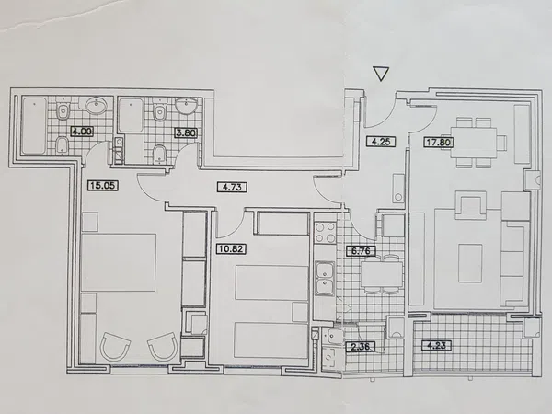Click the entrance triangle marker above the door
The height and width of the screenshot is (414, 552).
pyautogui.click(x=381, y=74)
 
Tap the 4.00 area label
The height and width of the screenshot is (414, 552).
pyautogui.click(x=82, y=132)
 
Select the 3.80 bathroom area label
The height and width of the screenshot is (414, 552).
pyautogui.click(x=186, y=132)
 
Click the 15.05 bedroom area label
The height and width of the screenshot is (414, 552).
pyautogui.click(x=102, y=185)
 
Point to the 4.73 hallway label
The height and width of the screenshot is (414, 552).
pyautogui.click(x=232, y=187)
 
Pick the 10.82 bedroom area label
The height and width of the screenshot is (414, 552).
pyautogui.click(x=231, y=249)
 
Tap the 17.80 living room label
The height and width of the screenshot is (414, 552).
pyautogui.click(x=439, y=143)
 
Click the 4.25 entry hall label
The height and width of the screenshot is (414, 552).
pyautogui.click(x=381, y=141)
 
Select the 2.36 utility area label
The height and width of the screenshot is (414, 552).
pyautogui.click(x=361, y=346)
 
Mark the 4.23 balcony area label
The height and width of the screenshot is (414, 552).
pyautogui.click(x=436, y=345)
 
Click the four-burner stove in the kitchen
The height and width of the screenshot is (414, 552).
pyautogui.click(x=325, y=233)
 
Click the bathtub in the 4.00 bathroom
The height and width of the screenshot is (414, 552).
pyautogui.click(x=34, y=126)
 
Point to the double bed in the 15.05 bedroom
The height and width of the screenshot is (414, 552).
pyautogui.click(x=119, y=262)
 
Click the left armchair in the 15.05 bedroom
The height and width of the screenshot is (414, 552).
pyautogui.click(x=115, y=346)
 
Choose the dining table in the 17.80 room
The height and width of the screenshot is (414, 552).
pyautogui.click(x=474, y=143)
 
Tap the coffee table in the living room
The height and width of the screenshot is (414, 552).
pyautogui.click(x=470, y=263)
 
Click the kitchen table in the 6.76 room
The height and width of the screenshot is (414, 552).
pyautogui.click(x=382, y=274)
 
